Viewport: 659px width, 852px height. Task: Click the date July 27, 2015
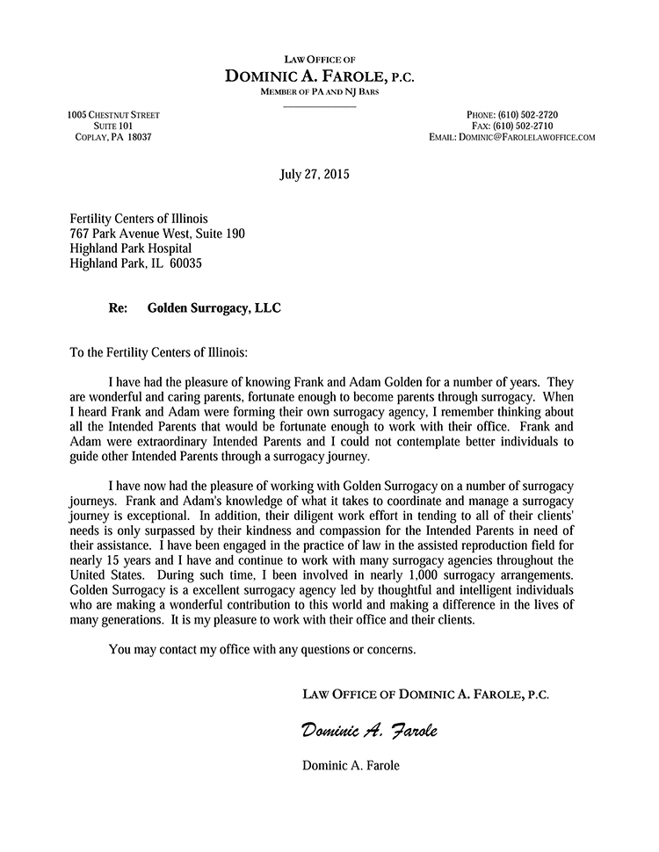[x=314, y=174]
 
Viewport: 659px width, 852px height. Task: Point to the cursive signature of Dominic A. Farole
[x=369, y=730]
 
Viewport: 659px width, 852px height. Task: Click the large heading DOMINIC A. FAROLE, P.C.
[x=320, y=76]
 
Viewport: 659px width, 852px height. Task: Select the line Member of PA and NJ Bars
[x=320, y=92]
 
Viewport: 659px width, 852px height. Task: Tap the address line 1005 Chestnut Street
[x=113, y=115]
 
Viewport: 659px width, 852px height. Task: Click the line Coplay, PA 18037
[x=113, y=138]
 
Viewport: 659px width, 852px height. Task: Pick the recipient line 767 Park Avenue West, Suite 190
[x=157, y=234]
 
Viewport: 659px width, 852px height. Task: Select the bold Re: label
[x=118, y=308]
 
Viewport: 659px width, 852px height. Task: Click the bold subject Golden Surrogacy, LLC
[x=215, y=308]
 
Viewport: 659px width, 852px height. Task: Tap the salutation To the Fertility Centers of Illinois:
[x=159, y=353]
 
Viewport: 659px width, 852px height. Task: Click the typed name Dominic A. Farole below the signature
[x=351, y=765]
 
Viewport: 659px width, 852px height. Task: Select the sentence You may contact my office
[x=261, y=650]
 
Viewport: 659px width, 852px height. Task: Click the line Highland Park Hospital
[x=130, y=249]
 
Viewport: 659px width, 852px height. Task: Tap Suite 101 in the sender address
[x=113, y=126]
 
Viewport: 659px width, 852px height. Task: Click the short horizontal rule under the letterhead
[x=320, y=105]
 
